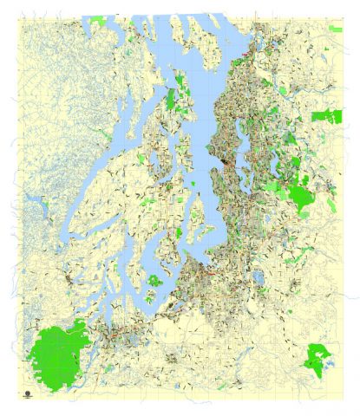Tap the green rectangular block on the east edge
pos(329,115)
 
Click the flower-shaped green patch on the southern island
pos(154,280)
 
